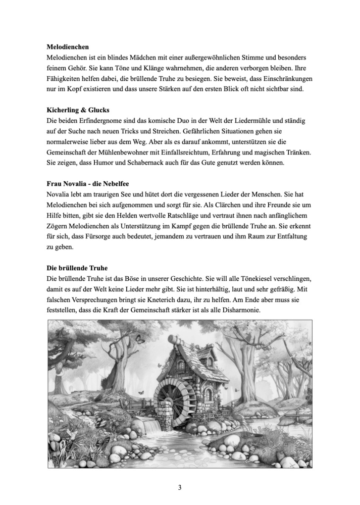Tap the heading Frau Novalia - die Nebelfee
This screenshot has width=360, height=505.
tap(95, 185)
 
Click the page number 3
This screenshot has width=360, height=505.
tap(180, 487)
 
